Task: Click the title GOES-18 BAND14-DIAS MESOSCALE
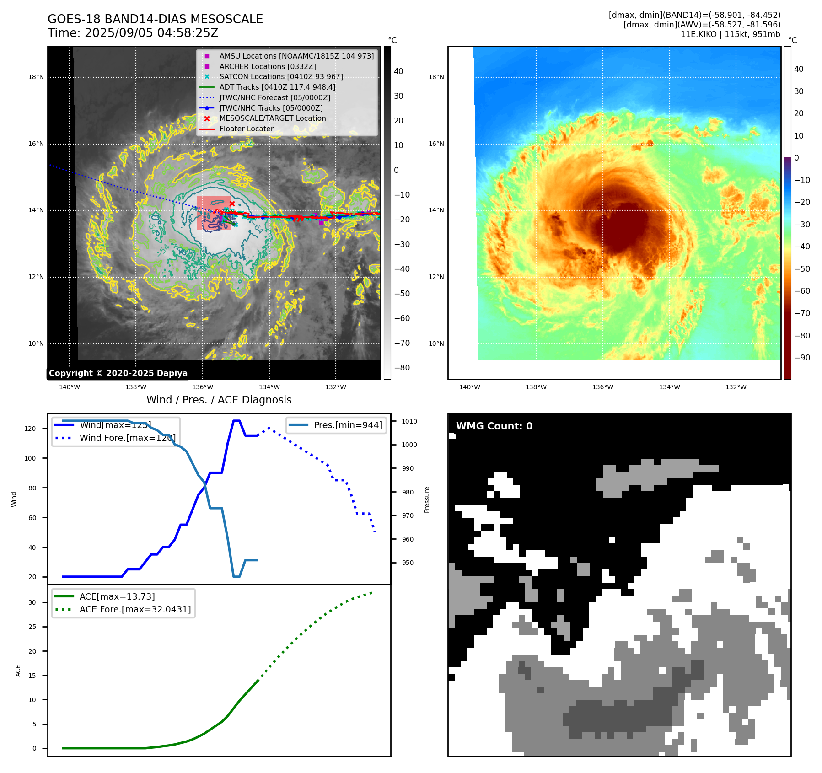(155, 19)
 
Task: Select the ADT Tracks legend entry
(277, 87)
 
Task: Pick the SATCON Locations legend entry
(281, 76)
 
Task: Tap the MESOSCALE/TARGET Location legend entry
(273, 118)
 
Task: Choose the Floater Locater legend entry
(246, 129)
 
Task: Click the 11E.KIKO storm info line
(730, 34)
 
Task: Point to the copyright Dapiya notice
(118, 373)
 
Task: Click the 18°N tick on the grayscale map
(36, 77)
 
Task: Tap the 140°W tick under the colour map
(469, 387)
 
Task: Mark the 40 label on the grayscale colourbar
(398, 71)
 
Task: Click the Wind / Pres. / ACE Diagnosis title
(219, 400)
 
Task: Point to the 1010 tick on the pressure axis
(409, 421)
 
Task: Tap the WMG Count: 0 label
(494, 426)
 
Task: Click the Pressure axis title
(427, 499)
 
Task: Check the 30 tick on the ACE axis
(32, 602)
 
